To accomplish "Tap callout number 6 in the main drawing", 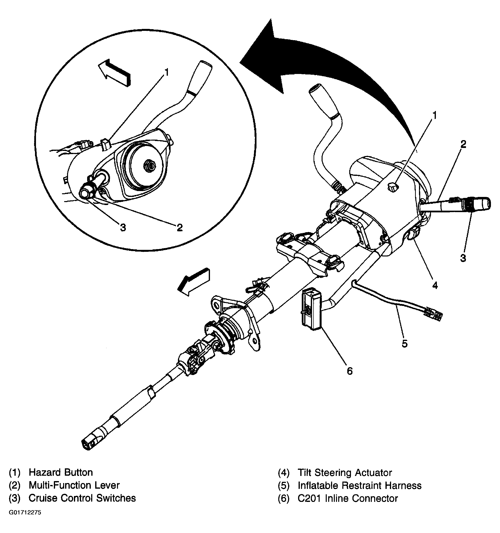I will (x=350, y=371).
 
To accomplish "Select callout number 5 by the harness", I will (x=405, y=343).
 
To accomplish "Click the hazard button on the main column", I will (x=392, y=187).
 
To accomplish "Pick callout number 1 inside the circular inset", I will (x=167, y=73).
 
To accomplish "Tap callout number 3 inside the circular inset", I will (x=123, y=228).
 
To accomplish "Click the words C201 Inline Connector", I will (x=348, y=498).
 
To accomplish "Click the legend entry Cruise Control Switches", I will (x=82, y=498).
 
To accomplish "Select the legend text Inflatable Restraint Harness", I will (x=359, y=485).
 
